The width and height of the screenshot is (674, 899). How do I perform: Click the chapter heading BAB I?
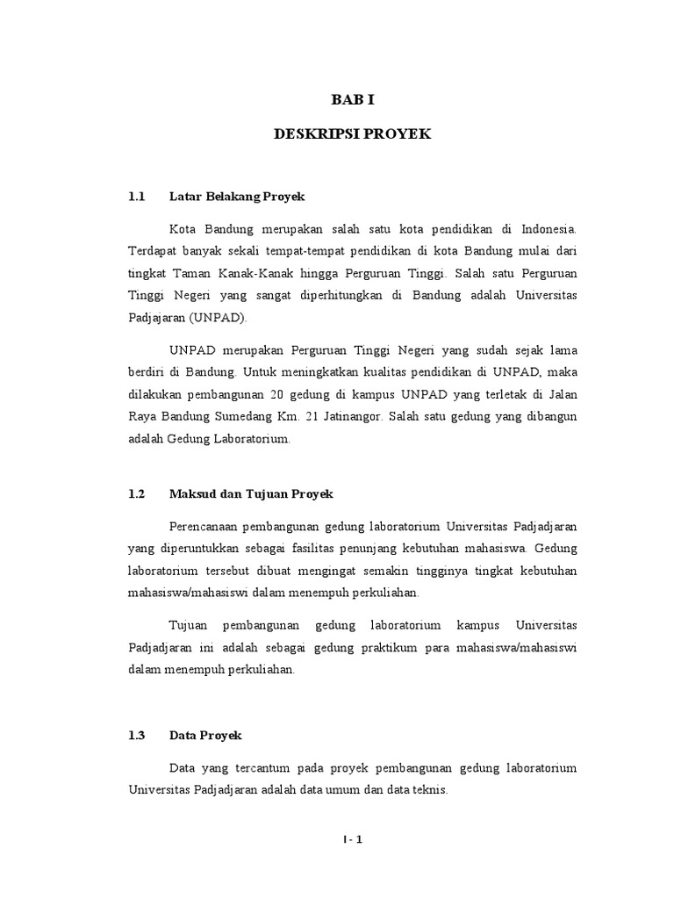click(352, 101)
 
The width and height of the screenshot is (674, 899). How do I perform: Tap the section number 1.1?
click(135, 197)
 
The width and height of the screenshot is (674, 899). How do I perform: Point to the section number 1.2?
click(135, 494)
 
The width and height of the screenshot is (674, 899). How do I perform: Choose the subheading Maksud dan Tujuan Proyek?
click(251, 494)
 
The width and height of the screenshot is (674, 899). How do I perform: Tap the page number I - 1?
click(353, 838)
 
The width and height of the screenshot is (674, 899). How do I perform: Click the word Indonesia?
click(548, 229)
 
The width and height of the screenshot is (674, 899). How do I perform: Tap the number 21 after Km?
click(335, 416)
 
